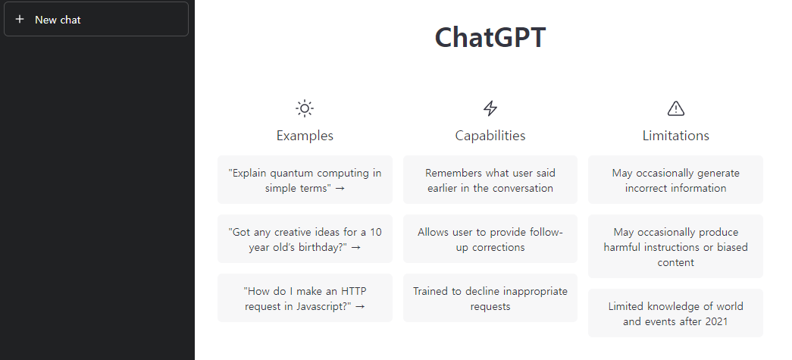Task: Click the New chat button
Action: click(x=96, y=20)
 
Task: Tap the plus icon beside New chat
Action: click(x=20, y=20)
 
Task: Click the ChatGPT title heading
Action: click(x=490, y=38)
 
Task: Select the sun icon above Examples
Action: click(x=305, y=108)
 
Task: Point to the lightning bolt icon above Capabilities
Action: click(x=490, y=108)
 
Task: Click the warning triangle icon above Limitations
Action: click(x=675, y=108)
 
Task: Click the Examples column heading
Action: click(x=305, y=136)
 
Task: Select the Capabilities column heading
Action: click(x=490, y=136)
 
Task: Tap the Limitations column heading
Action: click(x=675, y=136)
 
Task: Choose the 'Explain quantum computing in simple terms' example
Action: click(x=305, y=180)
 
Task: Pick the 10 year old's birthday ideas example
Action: click(x=305, y=239)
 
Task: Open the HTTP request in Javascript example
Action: click(x=305, y=299)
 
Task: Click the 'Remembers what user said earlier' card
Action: click(x=490, y=180)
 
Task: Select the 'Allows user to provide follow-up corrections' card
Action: click(x=490, y=239)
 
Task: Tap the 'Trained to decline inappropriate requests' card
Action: click(x=490, y=299)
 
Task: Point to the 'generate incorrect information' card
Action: click(x=675, y=180)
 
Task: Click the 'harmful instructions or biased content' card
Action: click(x=675, y=247)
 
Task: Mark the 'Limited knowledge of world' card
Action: click(x=675, y=314)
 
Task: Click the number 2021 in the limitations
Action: click(x=715, y=321)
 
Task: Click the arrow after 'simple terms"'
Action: click(x=340, y=189)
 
